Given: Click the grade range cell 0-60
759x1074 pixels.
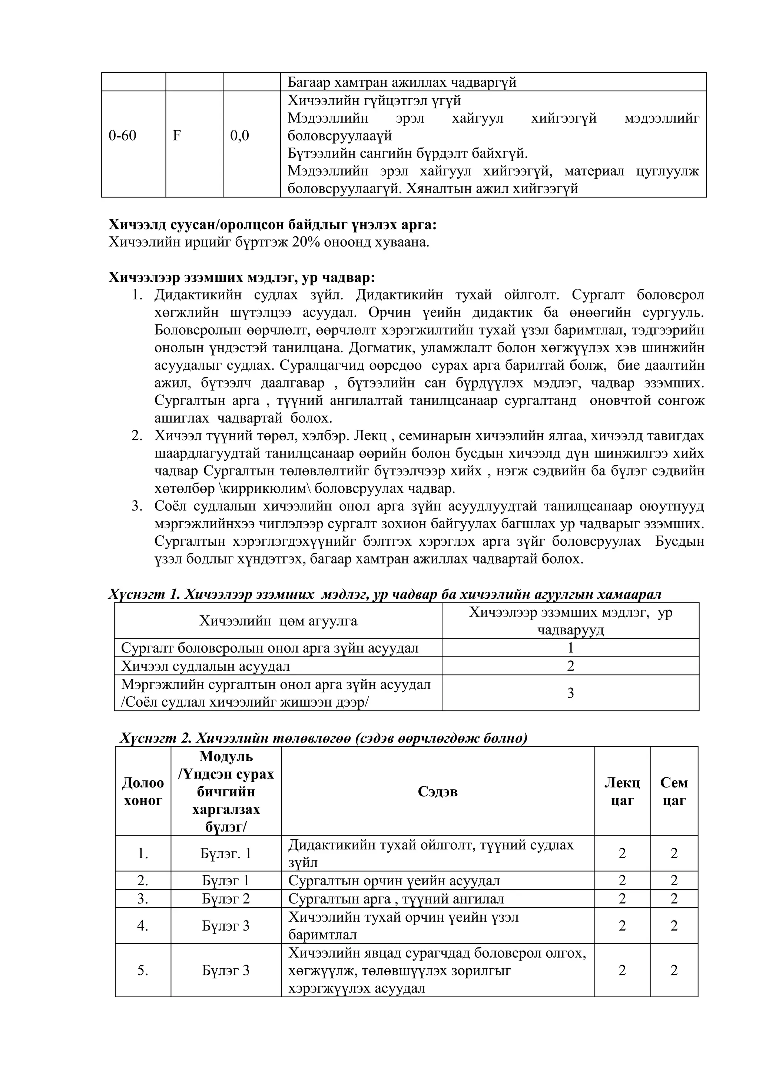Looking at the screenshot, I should [x=123, y=136].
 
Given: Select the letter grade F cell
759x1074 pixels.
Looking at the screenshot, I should [x=177, y=136].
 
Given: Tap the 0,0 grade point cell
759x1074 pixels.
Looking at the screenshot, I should [x=239, y=136].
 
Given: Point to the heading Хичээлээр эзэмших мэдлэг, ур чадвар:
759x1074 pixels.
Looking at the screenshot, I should [x=242, y=277].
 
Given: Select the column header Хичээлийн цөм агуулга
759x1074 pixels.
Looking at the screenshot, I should [x=278, y=621].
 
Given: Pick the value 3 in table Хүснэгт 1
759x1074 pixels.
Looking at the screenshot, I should [x=570, y=693].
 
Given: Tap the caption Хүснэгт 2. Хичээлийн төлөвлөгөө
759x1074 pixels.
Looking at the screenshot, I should [x=324, y=738].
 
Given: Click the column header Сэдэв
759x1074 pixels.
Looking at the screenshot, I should [x=437, y=792].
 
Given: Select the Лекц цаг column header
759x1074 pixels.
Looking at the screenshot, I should [x=622, y=792].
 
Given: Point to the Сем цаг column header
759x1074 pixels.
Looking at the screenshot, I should [x=674, y=792].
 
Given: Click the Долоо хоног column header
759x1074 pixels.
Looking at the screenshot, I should [x=143, y=792].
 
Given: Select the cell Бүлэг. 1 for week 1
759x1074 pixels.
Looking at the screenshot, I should [x=226, y=854].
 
